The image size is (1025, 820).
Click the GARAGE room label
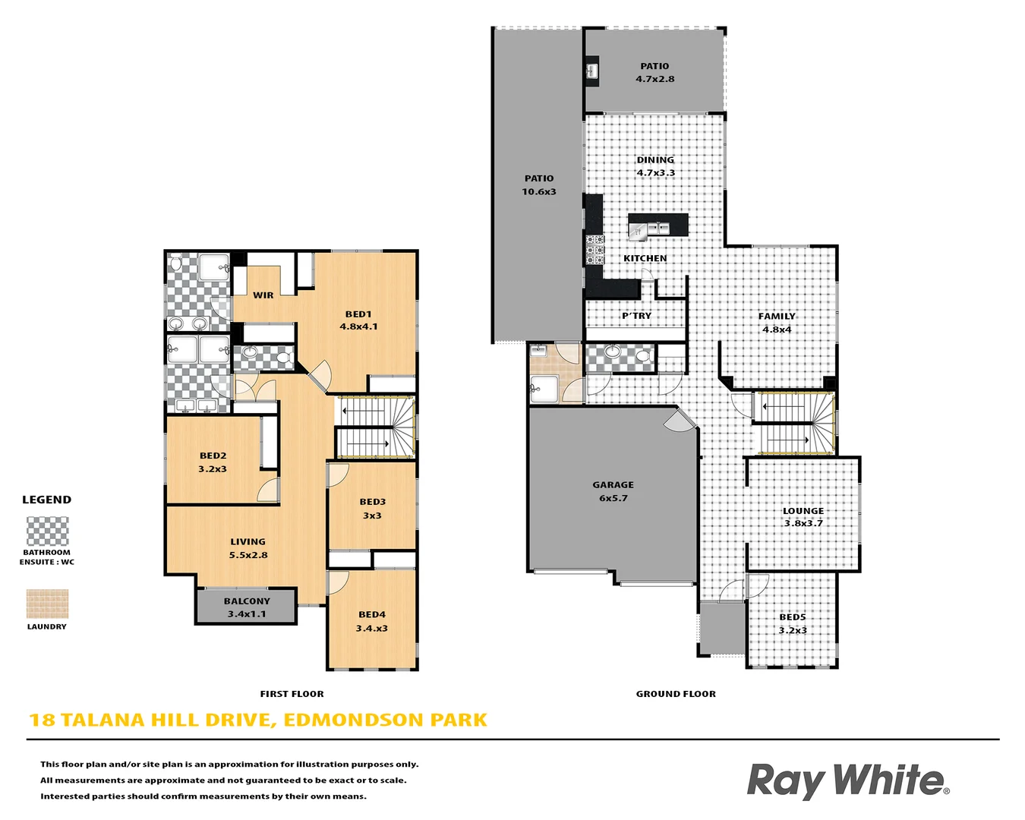613,484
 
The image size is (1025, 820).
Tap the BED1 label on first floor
358,314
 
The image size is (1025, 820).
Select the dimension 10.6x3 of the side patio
538,191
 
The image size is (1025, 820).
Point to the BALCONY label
247,601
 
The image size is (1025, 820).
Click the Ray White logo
847,781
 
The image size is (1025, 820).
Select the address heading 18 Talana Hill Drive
257,720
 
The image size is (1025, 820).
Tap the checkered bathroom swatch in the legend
47,531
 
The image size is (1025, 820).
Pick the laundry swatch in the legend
47,604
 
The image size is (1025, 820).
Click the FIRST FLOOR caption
292,694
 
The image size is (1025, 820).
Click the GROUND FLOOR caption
676,694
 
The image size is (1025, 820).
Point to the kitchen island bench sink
657,227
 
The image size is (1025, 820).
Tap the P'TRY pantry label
636,316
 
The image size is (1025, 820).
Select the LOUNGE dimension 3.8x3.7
803,523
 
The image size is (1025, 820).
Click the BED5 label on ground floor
793,617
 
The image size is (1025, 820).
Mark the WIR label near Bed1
263,295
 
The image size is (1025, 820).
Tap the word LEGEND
46,500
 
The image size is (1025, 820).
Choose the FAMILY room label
777,316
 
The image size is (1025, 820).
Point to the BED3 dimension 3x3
372,516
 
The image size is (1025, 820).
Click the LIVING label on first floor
248,541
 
